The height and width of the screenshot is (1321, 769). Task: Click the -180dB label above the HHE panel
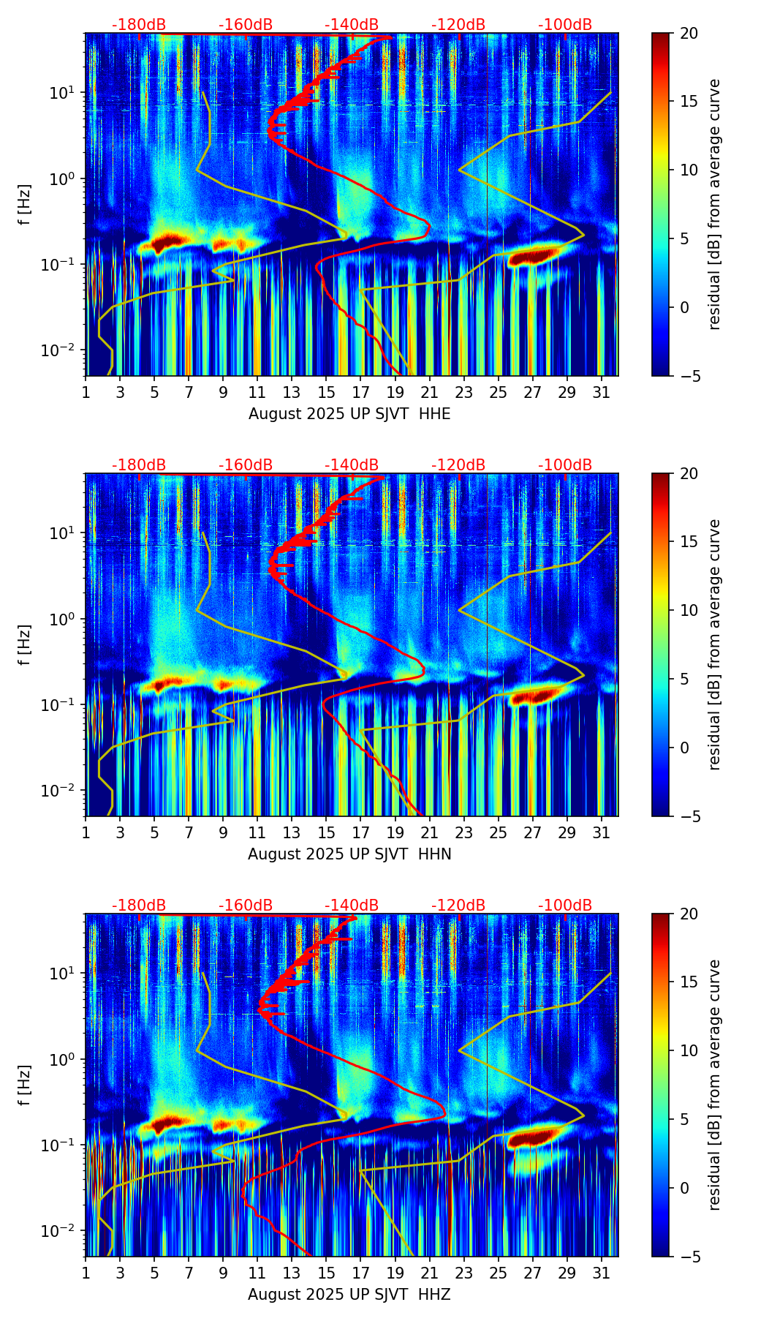[139, 25]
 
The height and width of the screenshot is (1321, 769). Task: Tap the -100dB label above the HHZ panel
[565, 906]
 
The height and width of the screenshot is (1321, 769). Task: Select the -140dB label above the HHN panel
[352, 465]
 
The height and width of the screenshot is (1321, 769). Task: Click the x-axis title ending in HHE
[349, 414]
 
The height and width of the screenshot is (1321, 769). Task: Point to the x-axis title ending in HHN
[349, 854]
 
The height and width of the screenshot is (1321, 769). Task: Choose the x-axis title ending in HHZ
[349, 1295]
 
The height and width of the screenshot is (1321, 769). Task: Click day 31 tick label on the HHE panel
[601, 393]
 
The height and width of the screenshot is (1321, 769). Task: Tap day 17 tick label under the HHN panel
[360, 833]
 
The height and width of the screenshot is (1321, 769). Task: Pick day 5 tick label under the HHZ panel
[154, 1273]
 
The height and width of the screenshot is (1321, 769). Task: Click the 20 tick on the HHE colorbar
[689, 34]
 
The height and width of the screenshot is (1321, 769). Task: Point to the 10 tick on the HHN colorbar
[689, 610]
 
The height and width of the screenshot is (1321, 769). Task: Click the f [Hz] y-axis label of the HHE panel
[26, 205]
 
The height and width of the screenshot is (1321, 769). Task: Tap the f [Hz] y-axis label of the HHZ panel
[26, 1085]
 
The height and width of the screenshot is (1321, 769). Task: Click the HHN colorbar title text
[715, 644]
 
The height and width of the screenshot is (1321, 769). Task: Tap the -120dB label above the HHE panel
[458, 25]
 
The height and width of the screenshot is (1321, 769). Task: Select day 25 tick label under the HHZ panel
[498, 1273]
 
